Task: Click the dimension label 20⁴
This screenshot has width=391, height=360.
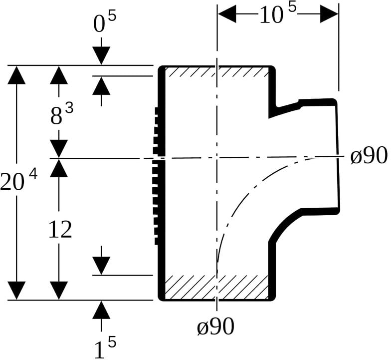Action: tap(19, 180)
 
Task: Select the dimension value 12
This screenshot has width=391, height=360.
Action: tap(60, 230)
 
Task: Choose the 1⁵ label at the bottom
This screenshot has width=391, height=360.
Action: tap(105, 347)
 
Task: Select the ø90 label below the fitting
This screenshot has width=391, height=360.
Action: tap(215, 327)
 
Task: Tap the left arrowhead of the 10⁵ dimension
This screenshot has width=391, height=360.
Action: tap(227, 14)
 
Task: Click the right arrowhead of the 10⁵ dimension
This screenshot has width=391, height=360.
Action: tap(329, 14)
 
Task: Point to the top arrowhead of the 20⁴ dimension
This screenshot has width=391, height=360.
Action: tap(16, 75)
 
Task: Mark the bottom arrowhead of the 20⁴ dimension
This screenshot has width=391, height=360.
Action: tap(16, 291)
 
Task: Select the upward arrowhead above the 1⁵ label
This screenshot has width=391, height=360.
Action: tap(101, 310)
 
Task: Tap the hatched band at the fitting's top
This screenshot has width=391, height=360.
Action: tap(216, 72)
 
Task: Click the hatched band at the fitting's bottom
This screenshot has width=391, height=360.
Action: tap(216, 287)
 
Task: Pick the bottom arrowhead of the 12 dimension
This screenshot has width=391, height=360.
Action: tap(59, 291)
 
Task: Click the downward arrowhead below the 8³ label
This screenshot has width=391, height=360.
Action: tap(59, 149)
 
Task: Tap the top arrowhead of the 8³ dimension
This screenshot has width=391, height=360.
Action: tap(59, 75)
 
